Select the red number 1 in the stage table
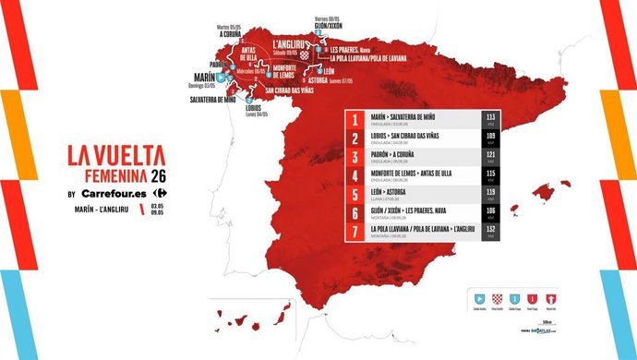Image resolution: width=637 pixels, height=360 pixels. coord(355,119)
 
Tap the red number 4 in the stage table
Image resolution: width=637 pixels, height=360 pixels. coord(355,176)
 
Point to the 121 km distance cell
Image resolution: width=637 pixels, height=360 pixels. coord(490,158)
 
